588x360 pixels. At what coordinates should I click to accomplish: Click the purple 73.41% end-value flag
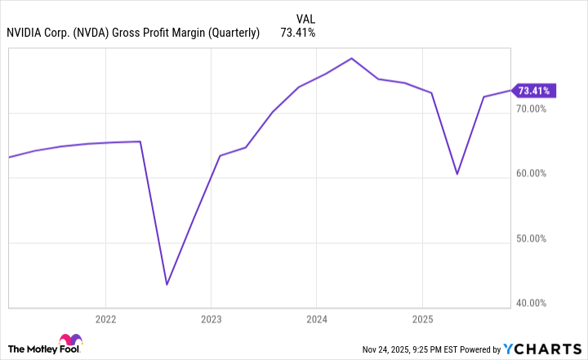point(535,91)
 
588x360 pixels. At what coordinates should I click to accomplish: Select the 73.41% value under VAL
point(298,33)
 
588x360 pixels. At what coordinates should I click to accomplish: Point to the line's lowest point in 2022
point(167,284)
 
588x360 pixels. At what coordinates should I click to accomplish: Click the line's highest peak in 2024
point(351,59)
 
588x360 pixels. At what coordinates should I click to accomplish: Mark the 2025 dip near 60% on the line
point(457,174)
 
